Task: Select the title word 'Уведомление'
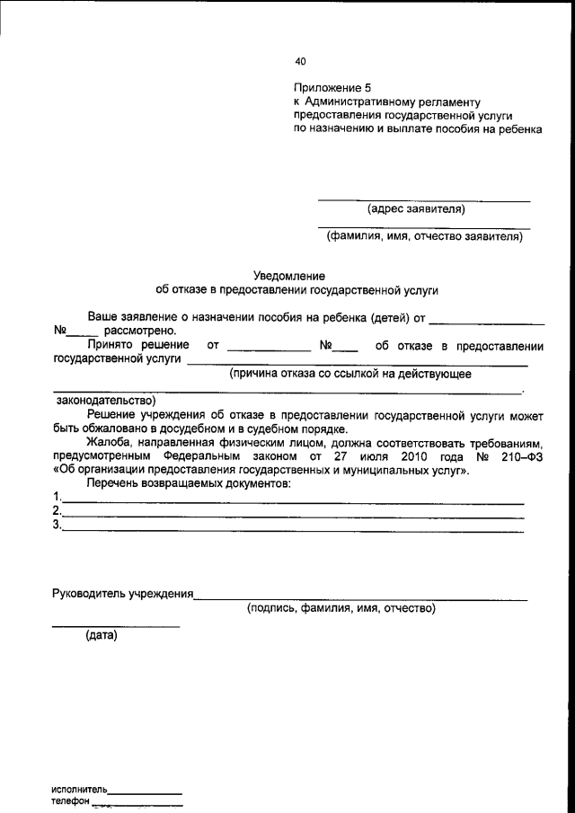288,276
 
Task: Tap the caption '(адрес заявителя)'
416,209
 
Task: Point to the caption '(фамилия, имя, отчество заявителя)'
423,237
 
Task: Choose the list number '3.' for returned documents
57,526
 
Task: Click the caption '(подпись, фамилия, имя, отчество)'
341,609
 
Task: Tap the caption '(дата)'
102,637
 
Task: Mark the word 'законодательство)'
105,400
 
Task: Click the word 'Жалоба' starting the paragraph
109,442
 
